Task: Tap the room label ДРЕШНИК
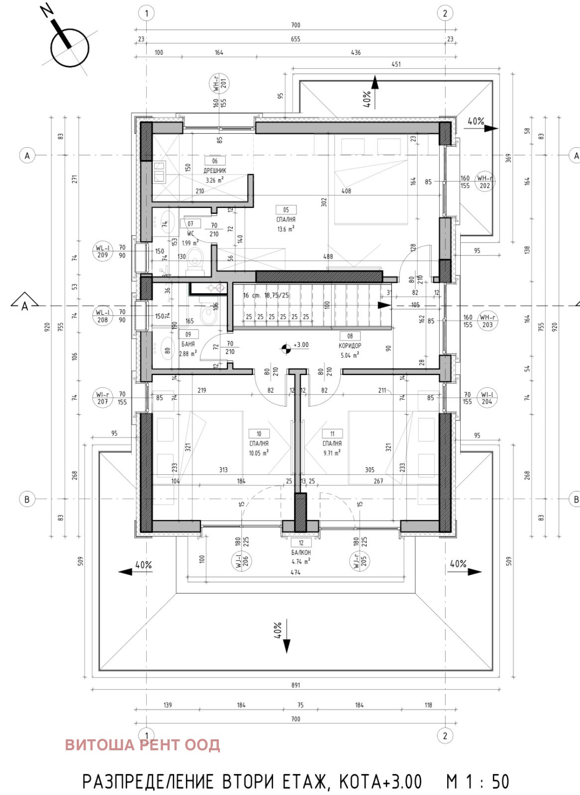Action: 214,171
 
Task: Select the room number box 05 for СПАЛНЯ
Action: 286,210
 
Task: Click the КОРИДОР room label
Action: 350,346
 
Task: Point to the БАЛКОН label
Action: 301,552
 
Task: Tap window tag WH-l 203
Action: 486,321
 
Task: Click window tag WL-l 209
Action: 103,251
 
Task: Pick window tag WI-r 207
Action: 103,398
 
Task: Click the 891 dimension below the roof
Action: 295,685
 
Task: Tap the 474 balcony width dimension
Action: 295,572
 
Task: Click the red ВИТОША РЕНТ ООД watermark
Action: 142,745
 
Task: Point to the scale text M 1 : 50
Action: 478,782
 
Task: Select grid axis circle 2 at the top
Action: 445,13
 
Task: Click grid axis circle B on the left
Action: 27,499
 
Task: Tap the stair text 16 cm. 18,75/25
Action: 266,295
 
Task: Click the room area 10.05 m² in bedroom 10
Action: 259,453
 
